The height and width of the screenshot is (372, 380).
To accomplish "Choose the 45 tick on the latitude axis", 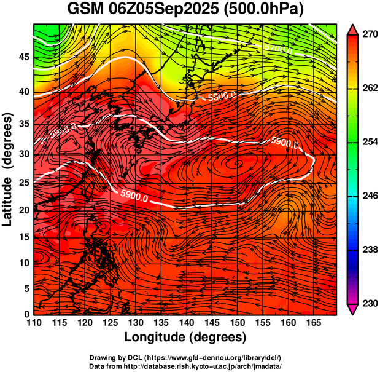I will (25, 58).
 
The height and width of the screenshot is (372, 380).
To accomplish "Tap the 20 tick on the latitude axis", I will (25, 210).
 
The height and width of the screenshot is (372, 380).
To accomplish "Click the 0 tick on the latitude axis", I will (27, 314).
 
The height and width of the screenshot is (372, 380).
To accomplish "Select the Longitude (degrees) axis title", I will (185, 337).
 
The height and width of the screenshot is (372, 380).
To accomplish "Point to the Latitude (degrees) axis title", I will (8, 169).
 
